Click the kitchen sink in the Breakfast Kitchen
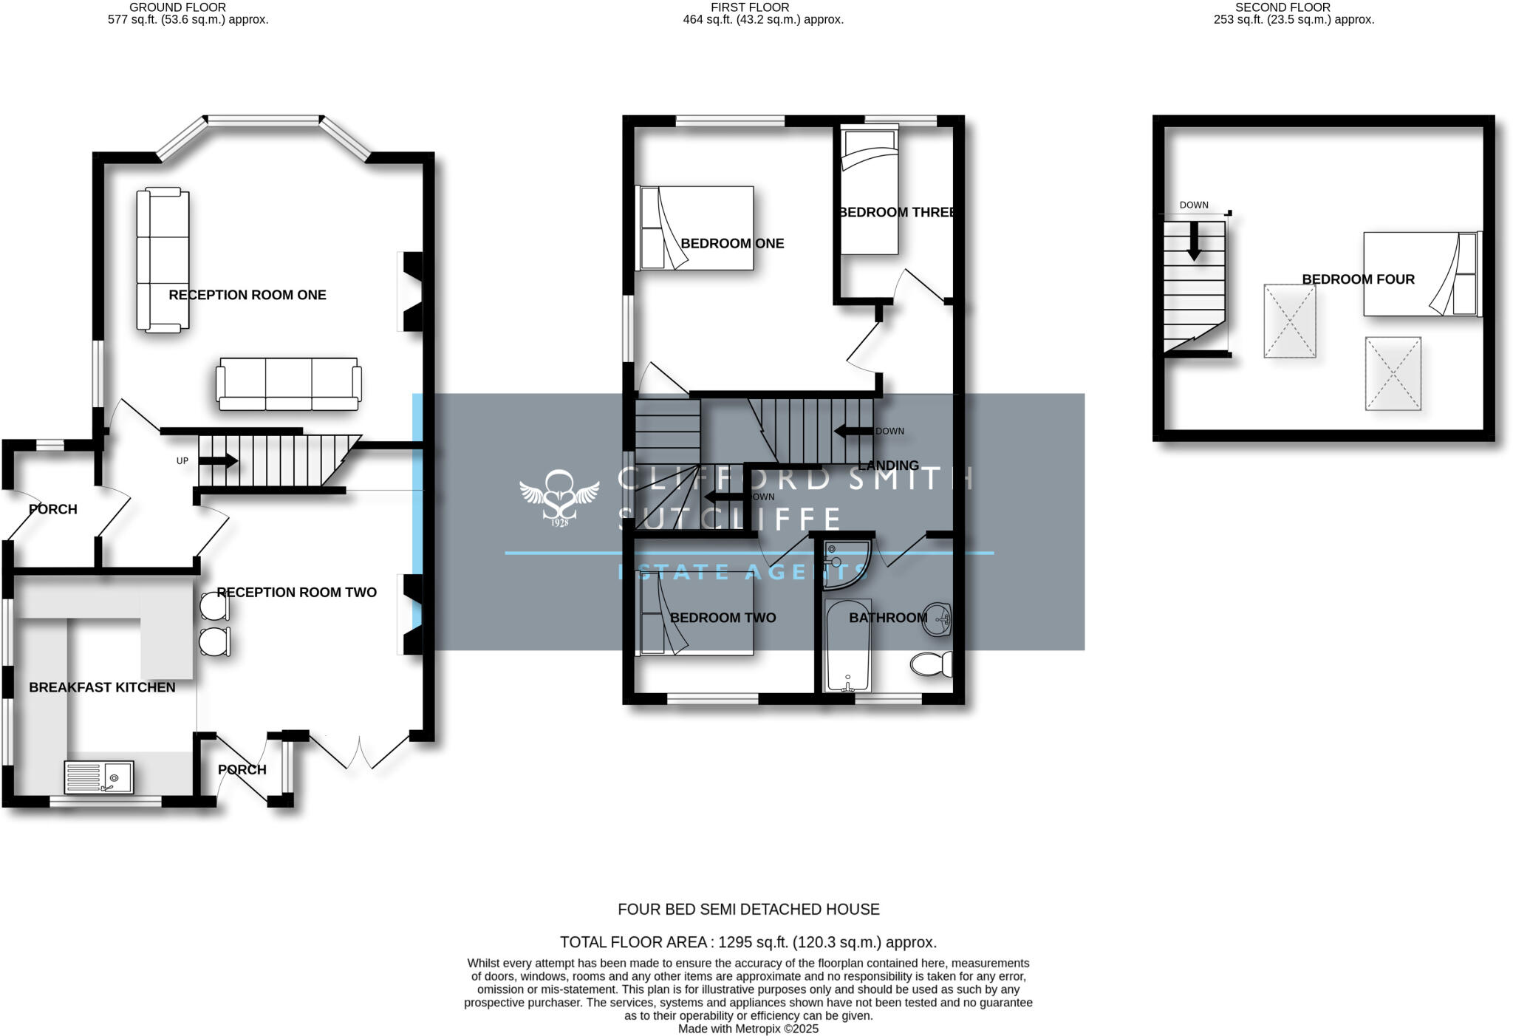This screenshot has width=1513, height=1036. [x=99, y=777]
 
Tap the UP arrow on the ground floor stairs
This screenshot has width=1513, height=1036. [x=219, y=461]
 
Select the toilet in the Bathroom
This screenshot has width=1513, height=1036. [x=931, y=664]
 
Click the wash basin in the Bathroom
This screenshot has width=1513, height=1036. [x=940, y=618]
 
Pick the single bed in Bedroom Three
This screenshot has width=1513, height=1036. [x=870, y=192]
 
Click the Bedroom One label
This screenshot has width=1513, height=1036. [x=731, y=243]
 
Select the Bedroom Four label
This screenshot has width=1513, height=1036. [x=1358, y=279]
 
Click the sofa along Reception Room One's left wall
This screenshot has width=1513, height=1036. [x=163, y=260]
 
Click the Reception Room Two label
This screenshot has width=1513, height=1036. [x=296, y=592]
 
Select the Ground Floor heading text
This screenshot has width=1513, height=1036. [x=177, y=7]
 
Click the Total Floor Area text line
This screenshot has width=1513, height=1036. [x=748, y=942]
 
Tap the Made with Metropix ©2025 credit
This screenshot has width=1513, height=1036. [x=748, y=1029]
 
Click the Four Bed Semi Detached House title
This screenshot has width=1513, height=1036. [x=748, y=910]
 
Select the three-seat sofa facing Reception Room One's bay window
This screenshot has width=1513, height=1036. [x=289, y=384]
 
